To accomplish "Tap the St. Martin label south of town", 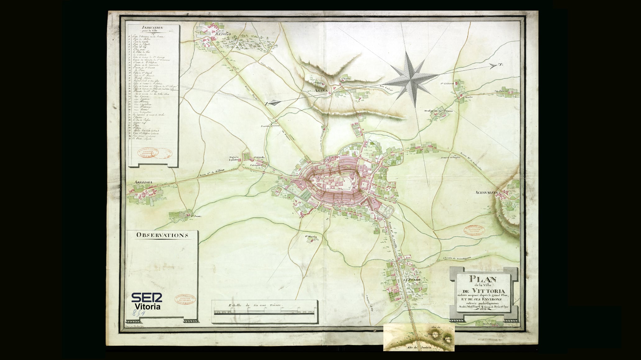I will (310, 237).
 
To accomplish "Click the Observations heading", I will (162, 235).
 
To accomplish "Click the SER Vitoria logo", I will (146, 301).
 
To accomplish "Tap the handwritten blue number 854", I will (139, 313).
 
